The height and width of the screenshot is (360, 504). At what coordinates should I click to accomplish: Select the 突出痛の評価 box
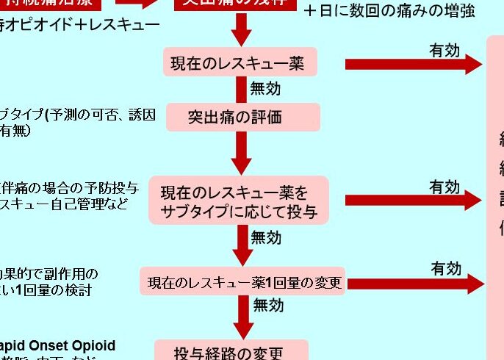[x=242, y=117]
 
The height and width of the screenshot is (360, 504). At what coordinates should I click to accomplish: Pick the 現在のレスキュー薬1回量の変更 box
[x=242, y=282]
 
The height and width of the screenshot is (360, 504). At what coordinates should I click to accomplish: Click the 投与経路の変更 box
[x=229, y=351]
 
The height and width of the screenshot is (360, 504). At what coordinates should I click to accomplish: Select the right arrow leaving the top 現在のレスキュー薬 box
[x=413, y=64]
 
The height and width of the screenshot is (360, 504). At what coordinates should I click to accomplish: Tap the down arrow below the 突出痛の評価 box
[x=242, y=153]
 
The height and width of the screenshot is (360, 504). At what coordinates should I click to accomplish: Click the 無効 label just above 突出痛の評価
[x=265, y=89]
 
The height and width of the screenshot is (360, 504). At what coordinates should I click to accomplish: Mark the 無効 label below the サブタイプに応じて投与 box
[x=266, y=237]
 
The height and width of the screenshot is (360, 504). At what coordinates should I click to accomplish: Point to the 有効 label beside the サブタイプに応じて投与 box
[x=444, y=187]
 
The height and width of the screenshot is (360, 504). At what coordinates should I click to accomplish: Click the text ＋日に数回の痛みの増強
[x=389, y=11]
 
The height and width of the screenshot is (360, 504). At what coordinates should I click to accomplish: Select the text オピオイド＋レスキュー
[x=81, y=26]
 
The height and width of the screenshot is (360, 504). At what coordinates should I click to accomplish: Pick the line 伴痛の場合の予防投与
[x=70, y=187]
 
